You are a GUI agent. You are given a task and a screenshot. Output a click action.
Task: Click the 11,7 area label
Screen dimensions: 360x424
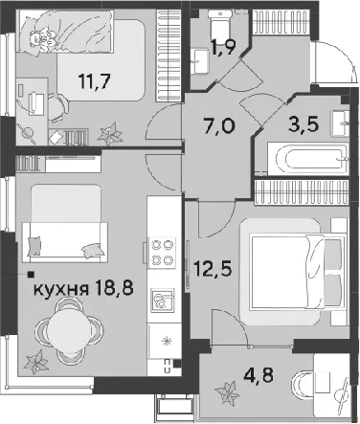[x=95, y=81]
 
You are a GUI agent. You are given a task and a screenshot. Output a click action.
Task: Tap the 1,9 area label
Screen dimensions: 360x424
[x=225, y=48]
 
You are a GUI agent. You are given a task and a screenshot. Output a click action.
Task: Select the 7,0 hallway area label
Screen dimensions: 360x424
[x=220, y=125]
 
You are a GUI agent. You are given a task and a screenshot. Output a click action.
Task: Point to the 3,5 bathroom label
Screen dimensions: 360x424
[x=304, y=124]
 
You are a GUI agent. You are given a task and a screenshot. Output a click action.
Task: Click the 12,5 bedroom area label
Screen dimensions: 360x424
[x=213, y=269]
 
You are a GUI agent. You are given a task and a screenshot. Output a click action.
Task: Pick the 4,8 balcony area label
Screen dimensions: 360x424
[x=259, y=375]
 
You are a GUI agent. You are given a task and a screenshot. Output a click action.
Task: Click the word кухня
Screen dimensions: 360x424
[x=60, y=289]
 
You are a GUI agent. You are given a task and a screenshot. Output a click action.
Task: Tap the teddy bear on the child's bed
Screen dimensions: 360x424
[x=43, y=39]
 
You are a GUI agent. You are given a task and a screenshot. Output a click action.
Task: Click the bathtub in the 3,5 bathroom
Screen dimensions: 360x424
[x=307, y=159]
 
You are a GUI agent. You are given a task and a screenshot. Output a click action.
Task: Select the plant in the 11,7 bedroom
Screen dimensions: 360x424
[x=110, y=134]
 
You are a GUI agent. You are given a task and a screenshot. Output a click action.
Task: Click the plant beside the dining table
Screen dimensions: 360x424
[x=36, y=362]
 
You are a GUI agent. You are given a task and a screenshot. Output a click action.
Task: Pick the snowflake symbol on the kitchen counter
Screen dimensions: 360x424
[x=167, y=342]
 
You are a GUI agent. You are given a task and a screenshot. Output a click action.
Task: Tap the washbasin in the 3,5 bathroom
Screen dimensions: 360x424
[x=341, y=123]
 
